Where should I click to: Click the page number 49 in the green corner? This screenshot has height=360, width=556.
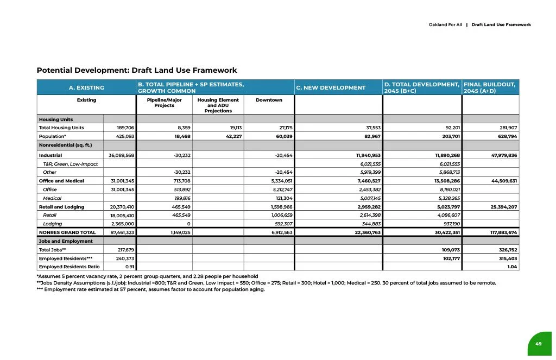[x=538, y=344]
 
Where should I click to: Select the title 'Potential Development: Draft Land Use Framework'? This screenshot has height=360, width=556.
[x=137, y=71]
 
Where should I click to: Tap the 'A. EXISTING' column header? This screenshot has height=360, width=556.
[x=86, y=87]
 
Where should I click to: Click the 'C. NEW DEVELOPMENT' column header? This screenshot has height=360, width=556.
[x=331, y=87]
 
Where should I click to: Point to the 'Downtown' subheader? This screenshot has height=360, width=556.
[x=269, y=100]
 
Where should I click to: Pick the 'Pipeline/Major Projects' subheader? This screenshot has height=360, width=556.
[x=164, y=103]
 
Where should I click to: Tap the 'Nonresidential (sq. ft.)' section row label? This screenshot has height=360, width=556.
[x=65, y=145]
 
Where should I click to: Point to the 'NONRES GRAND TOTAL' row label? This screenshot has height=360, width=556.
[x=64, y=232]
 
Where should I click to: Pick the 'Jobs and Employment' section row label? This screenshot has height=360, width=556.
[x=66, y=241]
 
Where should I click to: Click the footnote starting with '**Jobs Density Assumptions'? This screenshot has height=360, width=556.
[x=266, y=283]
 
